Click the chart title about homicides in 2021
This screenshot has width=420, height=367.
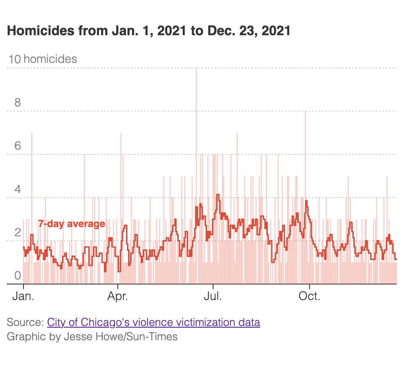point(148,31)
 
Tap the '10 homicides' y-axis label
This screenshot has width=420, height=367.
point(42,59)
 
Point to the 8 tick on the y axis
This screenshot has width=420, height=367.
point(18,103)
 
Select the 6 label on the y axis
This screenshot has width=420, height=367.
point(18,146)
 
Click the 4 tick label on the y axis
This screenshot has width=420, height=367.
point(18,189)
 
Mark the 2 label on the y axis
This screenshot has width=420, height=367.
point(18,233)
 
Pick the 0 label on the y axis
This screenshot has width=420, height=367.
point(18,276)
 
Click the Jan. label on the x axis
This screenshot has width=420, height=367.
point(23,297)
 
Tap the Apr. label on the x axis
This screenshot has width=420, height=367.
point(118,297)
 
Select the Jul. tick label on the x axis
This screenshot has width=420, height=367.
point(213,297)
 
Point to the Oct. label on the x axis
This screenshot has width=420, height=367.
point(309,297)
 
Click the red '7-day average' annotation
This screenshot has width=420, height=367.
point(72,224)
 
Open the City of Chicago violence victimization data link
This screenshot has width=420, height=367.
point(153,323)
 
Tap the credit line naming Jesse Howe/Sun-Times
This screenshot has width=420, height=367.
point(92,336)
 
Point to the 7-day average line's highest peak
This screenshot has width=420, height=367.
point(218,195)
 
